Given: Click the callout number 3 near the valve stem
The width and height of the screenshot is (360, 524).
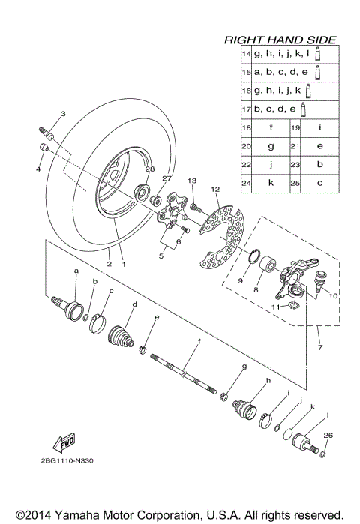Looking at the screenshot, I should click(63, 114).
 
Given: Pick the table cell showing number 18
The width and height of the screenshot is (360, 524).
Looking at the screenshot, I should click(246, 127).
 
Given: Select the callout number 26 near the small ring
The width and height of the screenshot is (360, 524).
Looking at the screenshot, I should click(327, 435).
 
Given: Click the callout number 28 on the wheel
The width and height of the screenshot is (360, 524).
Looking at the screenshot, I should click(149, 169).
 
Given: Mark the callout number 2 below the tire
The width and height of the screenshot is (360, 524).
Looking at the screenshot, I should click(108, 264).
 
